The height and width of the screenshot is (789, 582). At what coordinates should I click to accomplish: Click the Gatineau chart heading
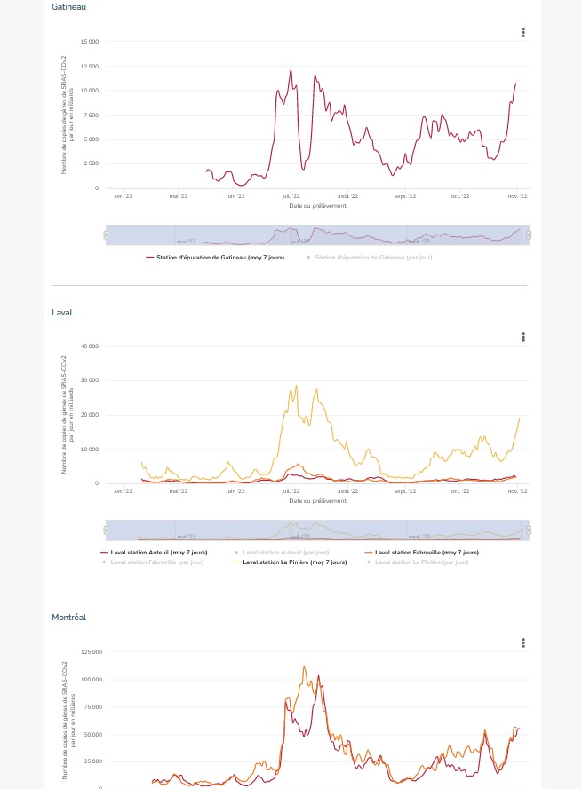[68, 7]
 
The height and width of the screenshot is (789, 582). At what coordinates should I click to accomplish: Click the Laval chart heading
[62, 312]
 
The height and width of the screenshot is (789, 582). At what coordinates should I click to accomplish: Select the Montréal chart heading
[68, 617]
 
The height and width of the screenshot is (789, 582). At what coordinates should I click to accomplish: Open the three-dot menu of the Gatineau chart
[524, 33]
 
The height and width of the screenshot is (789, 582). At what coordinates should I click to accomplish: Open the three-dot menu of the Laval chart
[524, 338]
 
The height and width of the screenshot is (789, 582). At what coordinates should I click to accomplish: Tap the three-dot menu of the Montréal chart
[524, 642]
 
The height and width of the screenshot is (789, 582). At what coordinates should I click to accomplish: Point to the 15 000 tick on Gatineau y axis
[90, 42]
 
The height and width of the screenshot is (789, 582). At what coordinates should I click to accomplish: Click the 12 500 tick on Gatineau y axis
[90, 67]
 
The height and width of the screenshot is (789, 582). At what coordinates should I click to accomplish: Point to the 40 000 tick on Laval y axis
[90, 346]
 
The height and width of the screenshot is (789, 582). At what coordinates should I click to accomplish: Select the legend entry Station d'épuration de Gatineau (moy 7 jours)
[214, 257]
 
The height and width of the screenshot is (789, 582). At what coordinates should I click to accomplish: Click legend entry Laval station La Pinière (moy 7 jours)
[294, 562]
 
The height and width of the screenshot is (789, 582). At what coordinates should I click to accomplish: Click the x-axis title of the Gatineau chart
[317, 205]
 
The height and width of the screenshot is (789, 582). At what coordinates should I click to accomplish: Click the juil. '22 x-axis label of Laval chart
[291, 490]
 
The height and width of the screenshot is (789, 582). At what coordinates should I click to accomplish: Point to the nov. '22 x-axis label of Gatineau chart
[517, 196]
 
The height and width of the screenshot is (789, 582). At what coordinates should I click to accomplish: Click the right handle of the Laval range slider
[529, 530]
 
